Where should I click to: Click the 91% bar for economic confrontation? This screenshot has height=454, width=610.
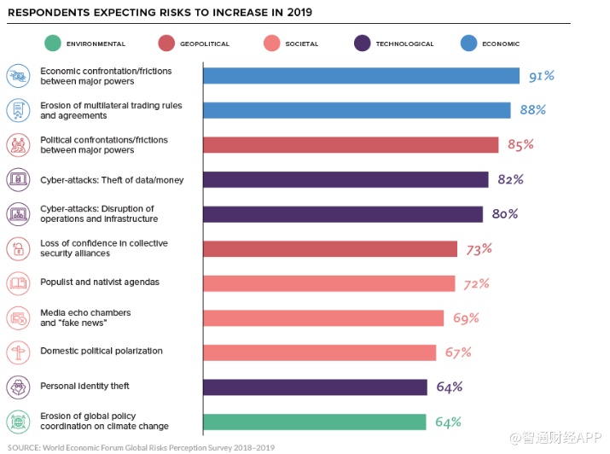361,76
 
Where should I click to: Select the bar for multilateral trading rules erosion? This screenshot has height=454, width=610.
357,110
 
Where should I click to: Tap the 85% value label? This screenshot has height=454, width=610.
520,144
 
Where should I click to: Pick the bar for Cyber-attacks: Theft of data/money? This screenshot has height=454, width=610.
346,179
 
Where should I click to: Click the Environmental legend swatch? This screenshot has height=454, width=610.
53,44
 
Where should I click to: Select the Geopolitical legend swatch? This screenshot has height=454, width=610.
166,44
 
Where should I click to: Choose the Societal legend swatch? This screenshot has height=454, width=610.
272,44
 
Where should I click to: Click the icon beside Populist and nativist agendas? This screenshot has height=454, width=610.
17,282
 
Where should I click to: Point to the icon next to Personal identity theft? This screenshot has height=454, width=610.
17,387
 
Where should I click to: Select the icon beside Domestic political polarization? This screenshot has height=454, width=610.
17,352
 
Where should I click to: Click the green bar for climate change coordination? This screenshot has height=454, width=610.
314,422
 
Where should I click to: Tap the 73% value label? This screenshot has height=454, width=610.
479,248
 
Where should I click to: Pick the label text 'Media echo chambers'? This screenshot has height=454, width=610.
85,312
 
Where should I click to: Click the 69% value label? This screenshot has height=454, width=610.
466,317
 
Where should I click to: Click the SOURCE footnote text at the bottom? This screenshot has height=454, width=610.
141,446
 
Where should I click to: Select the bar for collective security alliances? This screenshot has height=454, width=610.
330,248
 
